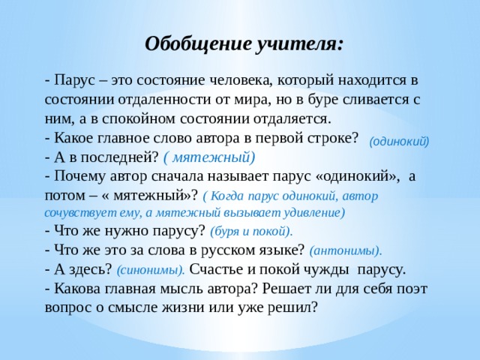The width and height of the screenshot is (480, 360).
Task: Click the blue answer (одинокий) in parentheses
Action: point(400,139)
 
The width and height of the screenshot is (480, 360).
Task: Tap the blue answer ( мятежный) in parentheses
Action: point(209,157)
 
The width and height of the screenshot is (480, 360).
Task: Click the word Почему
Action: point(77,176)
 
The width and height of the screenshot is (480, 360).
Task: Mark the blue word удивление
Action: point(310,212)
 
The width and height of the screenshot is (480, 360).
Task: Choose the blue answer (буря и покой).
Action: point(251,232)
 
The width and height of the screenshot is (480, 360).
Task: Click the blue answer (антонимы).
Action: point(345,250)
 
